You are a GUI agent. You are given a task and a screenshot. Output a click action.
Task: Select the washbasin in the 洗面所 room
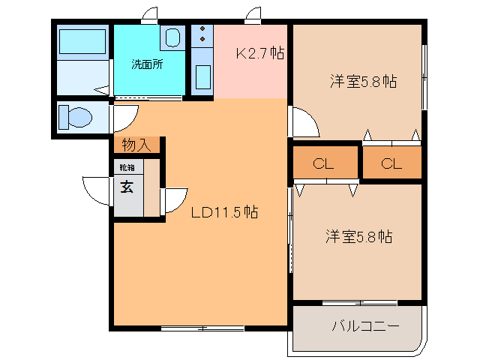pyautogui.click(x=172, y=37)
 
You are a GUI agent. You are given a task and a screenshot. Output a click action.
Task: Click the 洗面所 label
pyautogui.click(x=147, y=64)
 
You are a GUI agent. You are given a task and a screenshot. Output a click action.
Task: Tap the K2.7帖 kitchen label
pyautogui.click(x=259, y=54)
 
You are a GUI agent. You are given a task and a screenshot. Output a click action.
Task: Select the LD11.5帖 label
pyautogui.click(x=224, y=212)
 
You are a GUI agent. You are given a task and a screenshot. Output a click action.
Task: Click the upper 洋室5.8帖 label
pyautogui.click(x=363, y=82)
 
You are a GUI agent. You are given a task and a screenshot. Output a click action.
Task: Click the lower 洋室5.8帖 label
pyautogui.click(x=358, y=236)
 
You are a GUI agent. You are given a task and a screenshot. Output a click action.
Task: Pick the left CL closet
pyautogui.click(x=324, y=163)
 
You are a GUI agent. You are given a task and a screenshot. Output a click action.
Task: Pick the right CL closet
pyautogui.click(x=391, y=163)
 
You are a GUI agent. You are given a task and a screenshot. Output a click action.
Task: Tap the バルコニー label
pyautogui.click(x=365, y=326)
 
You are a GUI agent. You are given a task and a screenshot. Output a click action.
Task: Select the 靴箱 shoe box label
pyautogui.click(x=124, y=168)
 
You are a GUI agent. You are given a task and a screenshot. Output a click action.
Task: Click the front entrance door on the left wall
pyautogui.click(x=97, y=190)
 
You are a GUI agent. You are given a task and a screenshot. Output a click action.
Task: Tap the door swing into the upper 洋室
pyautogui.click(x=304, y=124)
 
